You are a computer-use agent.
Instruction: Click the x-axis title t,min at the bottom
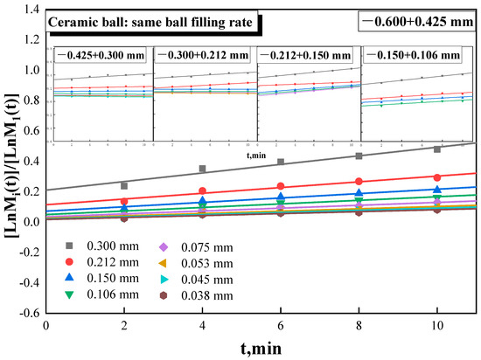pos(258,348)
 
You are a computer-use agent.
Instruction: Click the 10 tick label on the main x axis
pos(436,325)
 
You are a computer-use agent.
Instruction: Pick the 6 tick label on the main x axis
pos(281,325)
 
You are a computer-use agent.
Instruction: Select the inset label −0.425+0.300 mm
pos(99,55)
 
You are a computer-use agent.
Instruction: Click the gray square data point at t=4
pos(202,169)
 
